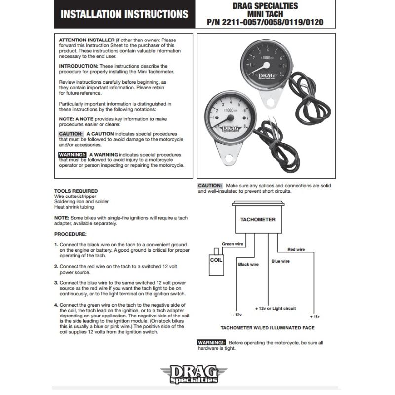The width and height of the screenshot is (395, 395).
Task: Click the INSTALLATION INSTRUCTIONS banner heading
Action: (x=124, y=14)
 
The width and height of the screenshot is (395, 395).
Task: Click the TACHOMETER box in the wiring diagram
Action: (x=258, y=219)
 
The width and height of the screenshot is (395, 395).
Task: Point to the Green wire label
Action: (x=232, y=244)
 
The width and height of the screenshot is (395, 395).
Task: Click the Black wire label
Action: (x=248, y=264)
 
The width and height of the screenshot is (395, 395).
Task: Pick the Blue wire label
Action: (x=280, y=261)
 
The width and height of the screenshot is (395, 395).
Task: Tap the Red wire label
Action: (x=296, y=249)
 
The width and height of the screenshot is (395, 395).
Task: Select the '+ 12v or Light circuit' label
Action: (x=276, y=308)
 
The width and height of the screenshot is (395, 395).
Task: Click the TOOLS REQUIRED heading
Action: (x=76, y=191)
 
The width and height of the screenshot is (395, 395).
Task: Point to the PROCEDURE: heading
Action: (x=70, y=234)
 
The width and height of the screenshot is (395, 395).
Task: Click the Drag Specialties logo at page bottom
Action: (x=197, y=374)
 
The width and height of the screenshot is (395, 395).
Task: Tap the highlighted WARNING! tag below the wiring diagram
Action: (x=211, y=342)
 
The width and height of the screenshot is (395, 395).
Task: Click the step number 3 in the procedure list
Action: (x=56, y=282)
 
